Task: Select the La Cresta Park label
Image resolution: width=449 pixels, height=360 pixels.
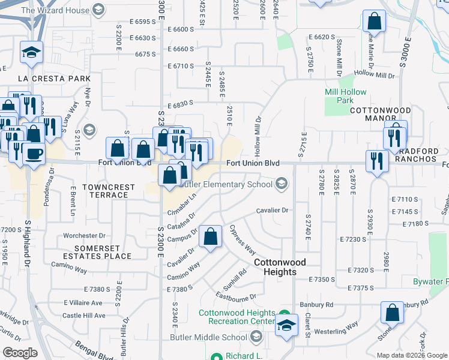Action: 54,79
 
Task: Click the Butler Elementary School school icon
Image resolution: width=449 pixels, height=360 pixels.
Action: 281,184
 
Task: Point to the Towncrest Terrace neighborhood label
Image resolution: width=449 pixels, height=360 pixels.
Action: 109,191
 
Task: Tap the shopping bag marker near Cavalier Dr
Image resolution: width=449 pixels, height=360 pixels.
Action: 211,236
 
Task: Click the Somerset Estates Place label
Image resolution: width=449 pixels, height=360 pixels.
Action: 103,252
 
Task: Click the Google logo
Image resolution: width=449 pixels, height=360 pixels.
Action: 20,352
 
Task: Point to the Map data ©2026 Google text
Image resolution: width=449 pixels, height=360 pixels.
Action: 411,355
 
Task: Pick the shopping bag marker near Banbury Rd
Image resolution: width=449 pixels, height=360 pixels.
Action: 392,312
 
